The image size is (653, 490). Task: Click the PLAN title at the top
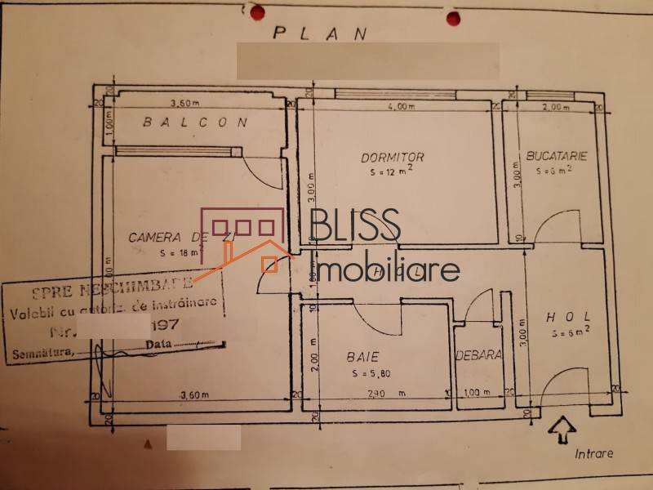click(320, 33)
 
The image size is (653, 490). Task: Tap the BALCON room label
click(195, 123)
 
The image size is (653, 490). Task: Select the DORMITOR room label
click(393, 157)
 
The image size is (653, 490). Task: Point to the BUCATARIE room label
click(557, 154)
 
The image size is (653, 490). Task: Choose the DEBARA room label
click(478, 356)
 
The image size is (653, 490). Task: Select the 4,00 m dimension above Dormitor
click(401, 106)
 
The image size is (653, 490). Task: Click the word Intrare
click(593, 453)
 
